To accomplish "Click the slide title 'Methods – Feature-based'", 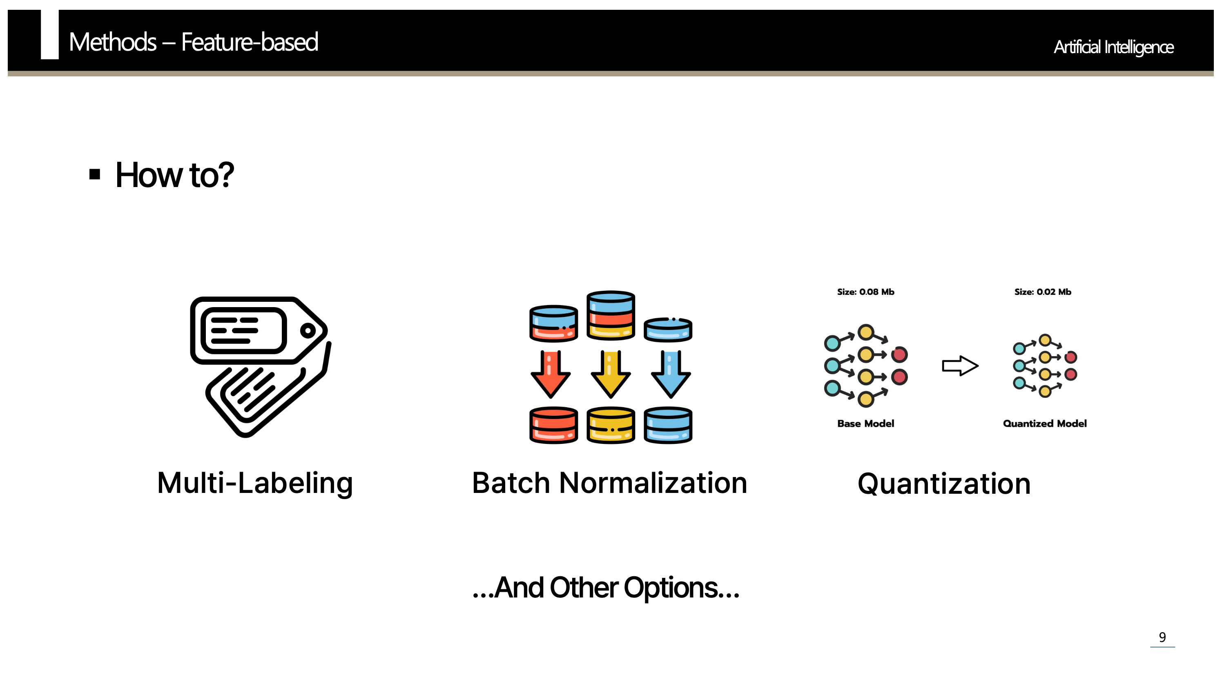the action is [x=193, y=42].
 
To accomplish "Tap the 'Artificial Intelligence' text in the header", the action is [x=1113, y=47].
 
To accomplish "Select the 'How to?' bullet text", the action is [x=174, y=175].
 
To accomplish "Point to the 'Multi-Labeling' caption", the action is [x=255, y=483].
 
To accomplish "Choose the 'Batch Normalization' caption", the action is [x=609, y=483].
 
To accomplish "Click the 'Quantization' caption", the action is [x=944, y=484].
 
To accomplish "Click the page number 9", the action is [x=1162, y=637].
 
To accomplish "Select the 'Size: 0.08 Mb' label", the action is [x=865, y=292].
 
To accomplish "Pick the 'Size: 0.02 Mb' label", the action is [x=1043, y=292].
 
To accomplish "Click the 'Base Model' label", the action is [x=865, y=424].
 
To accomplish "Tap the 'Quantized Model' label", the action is [x=1044, y=424].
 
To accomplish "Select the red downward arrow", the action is [x=551, y=374].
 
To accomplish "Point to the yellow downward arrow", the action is [x=611, y=374].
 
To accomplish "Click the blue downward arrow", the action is [x=671, y=374].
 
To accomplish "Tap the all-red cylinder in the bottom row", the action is [x=553, y=425].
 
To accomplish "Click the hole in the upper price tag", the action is [x=308, y=330].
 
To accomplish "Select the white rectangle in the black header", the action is [x=50, y=35].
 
